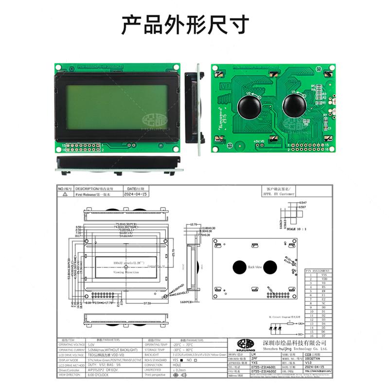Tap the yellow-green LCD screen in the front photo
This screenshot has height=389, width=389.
point(116,107)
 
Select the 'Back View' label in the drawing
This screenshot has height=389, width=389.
point(255,267)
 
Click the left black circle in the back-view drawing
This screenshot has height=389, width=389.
point(239,266)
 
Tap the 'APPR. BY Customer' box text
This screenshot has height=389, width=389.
point(279,194)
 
